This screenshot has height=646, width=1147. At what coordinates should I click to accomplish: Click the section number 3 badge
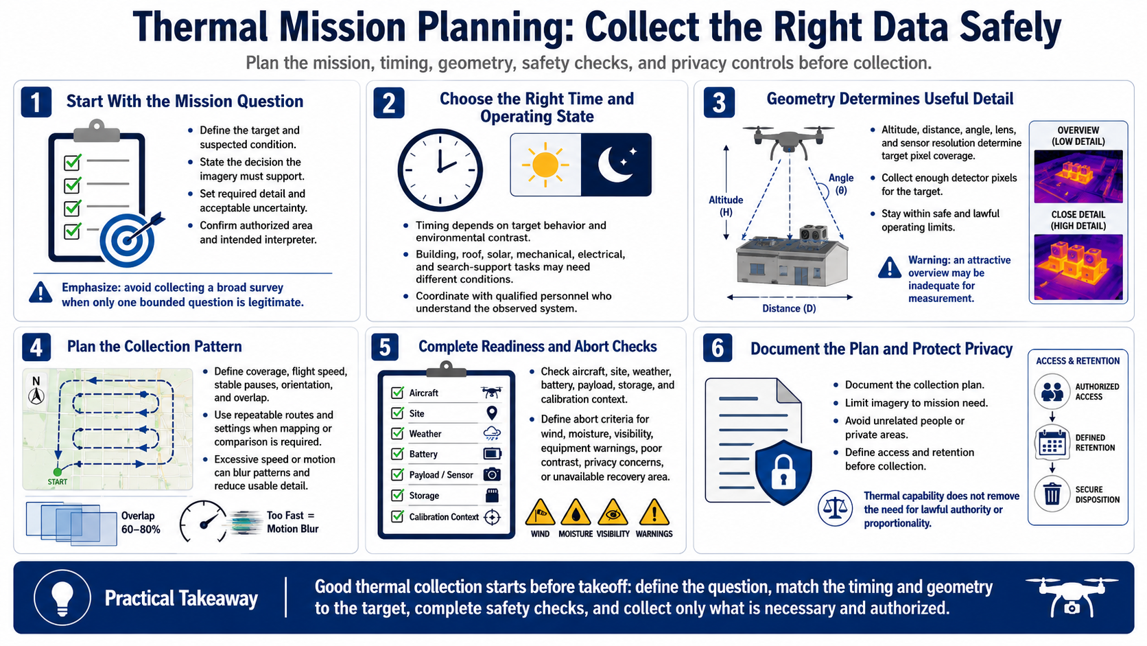[719, 102]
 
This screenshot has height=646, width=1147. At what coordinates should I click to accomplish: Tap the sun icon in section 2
[545, 165]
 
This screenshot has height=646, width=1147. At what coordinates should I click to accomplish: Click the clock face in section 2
[440, 170]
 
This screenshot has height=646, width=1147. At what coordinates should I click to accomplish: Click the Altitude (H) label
[726, 206]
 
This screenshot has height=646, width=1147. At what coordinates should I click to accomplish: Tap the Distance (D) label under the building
[789, 308]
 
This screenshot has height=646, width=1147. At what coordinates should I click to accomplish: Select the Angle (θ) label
[841, 184]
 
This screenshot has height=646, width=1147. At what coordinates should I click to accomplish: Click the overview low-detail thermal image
[1078, 176]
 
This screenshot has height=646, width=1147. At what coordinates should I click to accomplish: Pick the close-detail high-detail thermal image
[1078, 267]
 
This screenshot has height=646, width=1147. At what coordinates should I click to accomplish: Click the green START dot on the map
[58, 472]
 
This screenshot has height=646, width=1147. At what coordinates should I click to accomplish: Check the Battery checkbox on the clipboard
[397, 454]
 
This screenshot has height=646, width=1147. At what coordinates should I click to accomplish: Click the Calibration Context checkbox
[397, 516]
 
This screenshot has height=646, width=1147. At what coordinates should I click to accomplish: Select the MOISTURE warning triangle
[576, 511]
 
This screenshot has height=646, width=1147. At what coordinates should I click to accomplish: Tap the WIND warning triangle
[540, 511]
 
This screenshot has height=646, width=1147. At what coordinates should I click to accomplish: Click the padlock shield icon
[783, 472]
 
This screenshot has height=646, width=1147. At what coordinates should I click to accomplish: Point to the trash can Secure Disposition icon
[1052, 494]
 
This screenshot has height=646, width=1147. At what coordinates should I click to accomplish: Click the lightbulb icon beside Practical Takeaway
[62, 597]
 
